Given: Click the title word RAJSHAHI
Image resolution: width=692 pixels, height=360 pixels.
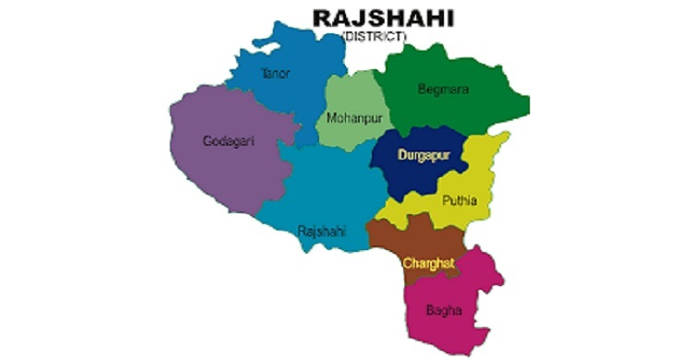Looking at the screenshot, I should click(376, 18).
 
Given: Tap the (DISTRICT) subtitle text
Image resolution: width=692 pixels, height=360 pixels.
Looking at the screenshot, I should click(374, 36).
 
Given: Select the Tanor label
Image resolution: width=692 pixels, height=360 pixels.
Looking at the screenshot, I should click(276, 73).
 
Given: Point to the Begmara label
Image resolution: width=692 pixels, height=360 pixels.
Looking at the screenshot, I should click(445, 90).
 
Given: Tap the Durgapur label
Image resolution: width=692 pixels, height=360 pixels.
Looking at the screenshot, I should click(424, 155).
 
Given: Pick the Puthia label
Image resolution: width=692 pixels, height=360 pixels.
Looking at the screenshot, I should click(459, 198).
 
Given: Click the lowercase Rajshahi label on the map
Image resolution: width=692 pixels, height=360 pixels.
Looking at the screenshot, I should click(322, 232).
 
